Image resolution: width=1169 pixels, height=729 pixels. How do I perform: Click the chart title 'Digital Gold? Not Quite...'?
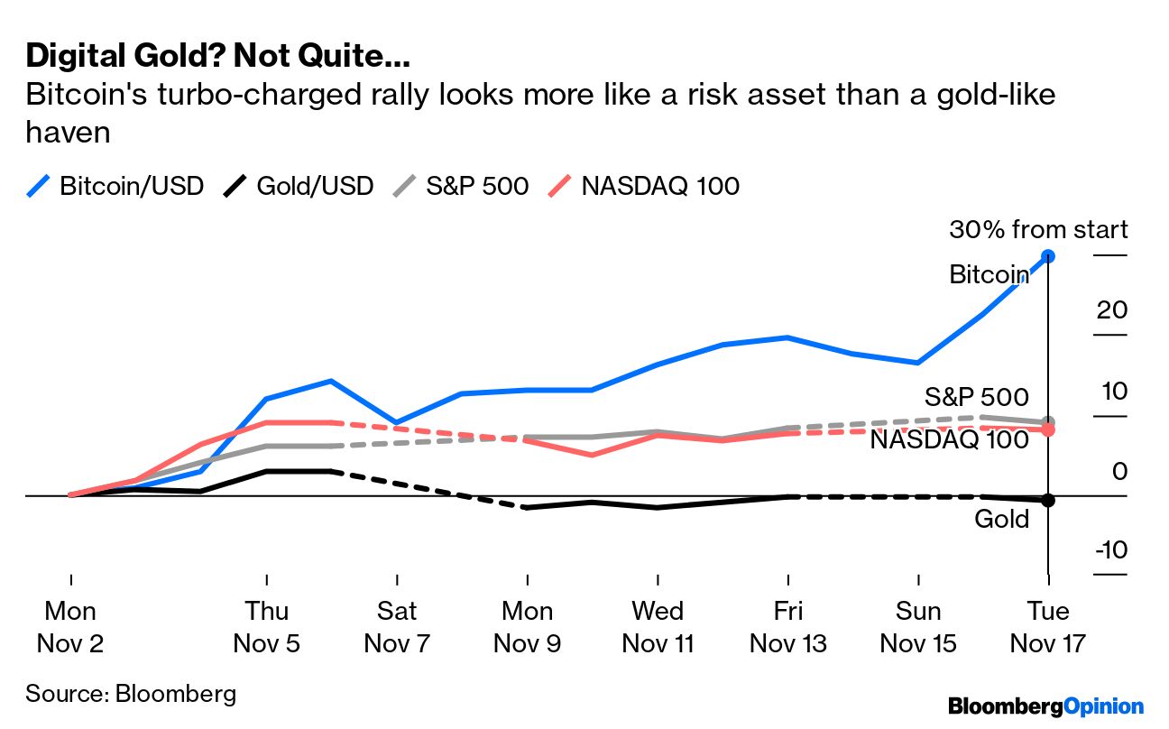tap(217, 56)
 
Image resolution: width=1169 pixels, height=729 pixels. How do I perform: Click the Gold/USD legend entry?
tap(299, 186)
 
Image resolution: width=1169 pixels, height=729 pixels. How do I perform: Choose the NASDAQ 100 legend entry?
tap(644, 186)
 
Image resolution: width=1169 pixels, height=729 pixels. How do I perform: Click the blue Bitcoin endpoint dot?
tap(1048, 256)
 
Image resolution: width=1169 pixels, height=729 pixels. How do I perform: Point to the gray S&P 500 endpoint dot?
tap(1048, 422)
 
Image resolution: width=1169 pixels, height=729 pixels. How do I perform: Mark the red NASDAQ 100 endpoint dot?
tap(1048, 431)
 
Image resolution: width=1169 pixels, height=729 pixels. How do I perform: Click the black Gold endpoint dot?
tap(1048, 500)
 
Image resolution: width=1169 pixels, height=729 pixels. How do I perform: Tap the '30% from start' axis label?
tap(1037, 230)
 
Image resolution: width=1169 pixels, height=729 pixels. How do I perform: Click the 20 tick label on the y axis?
tap(1111, 310)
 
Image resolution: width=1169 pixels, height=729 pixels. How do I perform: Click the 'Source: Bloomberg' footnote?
tap(131, 693)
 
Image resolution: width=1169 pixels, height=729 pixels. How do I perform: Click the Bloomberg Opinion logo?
tap(1045, 706)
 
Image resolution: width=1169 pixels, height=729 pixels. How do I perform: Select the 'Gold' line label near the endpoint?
tap(1001, 519)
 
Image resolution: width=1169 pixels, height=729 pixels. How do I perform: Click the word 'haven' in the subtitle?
tap(68, 133)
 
